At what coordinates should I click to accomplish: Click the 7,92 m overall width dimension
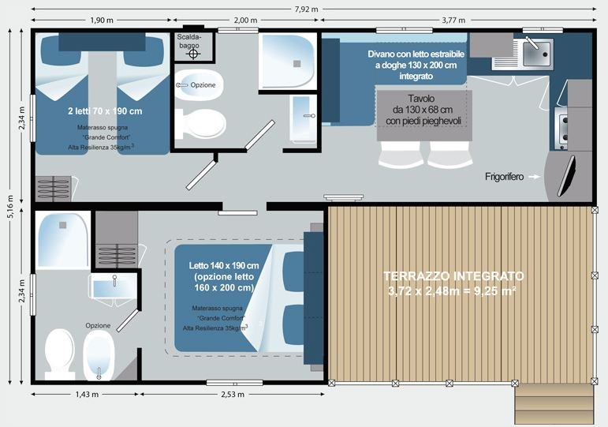click(306, 9)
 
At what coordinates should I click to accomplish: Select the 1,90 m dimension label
click(102, 21)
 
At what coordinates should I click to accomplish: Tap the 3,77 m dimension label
click(453, 21)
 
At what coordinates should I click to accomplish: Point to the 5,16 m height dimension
click(11, 207)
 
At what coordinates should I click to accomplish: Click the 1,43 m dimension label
click(87, 395)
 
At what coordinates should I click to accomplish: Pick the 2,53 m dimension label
click(233, 395)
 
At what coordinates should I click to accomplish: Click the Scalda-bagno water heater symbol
click(193, 54)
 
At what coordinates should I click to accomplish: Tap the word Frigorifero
click(504, 177)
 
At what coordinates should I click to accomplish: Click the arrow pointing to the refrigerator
click(535, 177)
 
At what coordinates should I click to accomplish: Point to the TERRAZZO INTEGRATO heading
click(453, 276)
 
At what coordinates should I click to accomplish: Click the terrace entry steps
click(554, 403)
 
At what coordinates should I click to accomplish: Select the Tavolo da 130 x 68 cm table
click(424, 116)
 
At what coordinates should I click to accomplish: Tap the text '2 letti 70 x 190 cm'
click(105, 111)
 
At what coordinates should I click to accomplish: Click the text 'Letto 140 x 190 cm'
click(224, 265)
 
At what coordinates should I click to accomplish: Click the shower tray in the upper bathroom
click(287, 62)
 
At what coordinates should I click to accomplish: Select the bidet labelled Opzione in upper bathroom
click(199, 85)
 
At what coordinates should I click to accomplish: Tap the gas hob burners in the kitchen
click(561, 129)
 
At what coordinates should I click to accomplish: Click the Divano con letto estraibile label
click(416, 65)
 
